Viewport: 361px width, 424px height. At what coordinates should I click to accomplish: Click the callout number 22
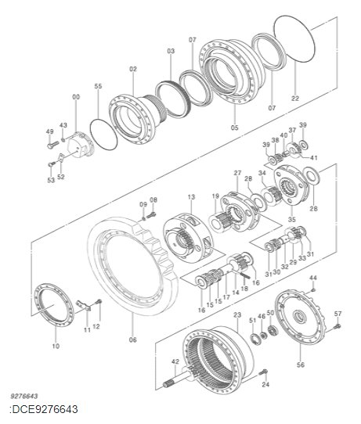pyautogui.click(x=295, y=98)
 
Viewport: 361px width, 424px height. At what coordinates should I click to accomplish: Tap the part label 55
pyautogui.click(x=98, y=86)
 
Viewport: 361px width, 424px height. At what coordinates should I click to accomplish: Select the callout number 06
pyautogui.click(x=132, y=340)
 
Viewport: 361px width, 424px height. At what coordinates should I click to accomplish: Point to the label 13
pyautogui.click(x=191, y=197)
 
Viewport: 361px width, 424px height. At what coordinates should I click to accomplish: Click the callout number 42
pyautogui.click(x=175, y=361)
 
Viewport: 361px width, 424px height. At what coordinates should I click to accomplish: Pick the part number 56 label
pyautogui.click(x=301, y=365)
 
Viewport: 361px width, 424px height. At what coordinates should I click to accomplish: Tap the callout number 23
pyautogui.click(x=237, y=314)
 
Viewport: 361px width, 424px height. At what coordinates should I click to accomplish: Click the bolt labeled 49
pyautogui.click(x=52, y=145)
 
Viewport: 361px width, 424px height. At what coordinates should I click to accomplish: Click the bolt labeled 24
pyautogui.click(x=263, y=372)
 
